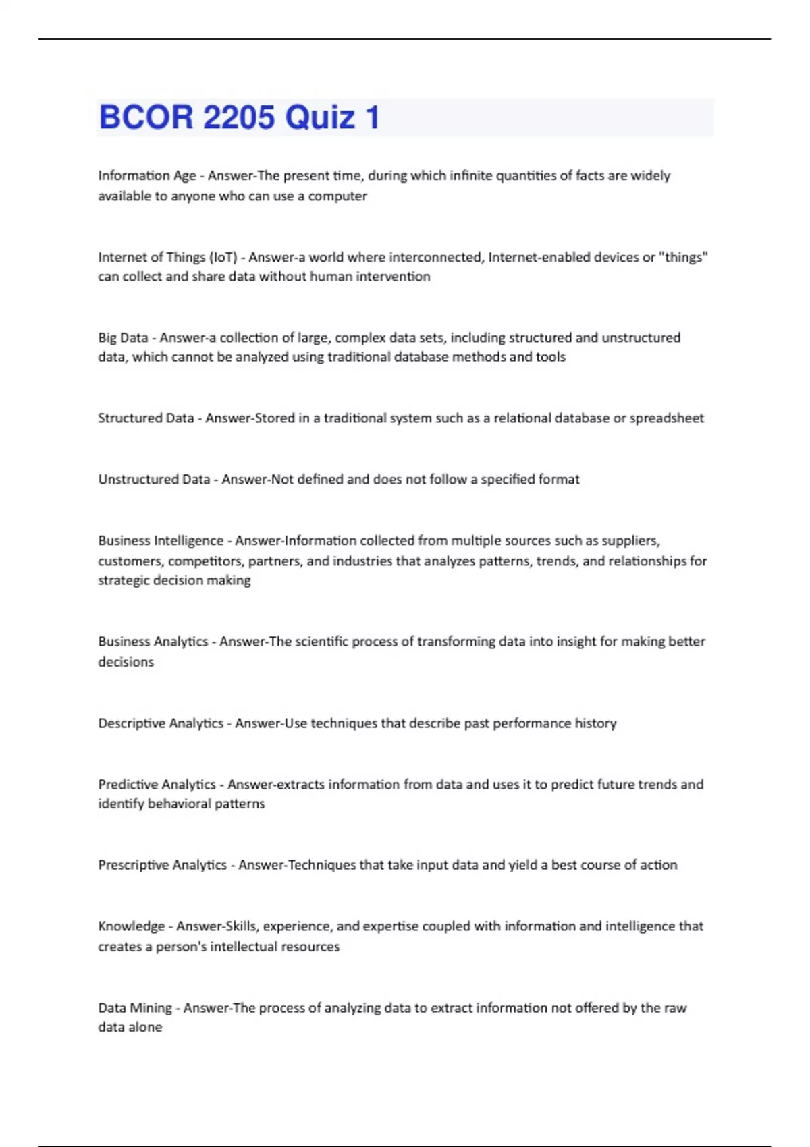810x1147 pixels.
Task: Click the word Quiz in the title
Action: pos(320,117)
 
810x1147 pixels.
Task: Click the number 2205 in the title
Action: pos(239,117)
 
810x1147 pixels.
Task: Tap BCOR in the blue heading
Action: pos(146,117)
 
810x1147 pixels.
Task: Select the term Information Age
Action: pos(147,175)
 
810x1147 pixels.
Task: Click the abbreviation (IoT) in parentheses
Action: pos(223,257)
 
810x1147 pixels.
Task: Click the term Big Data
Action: pos(123,337)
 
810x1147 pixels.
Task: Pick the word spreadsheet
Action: pos(666,418)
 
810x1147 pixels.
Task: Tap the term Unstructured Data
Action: pos(154,480)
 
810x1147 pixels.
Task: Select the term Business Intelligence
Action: pos(161,540)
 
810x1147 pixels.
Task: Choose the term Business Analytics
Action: pos(153,642)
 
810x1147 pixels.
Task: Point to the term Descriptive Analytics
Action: pos(161,723)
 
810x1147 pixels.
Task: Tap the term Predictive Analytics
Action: pos(157,785)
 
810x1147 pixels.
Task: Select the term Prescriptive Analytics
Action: pos(162,865)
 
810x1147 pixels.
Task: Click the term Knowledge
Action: pos(132,926)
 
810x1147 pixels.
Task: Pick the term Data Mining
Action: pos(135,1008)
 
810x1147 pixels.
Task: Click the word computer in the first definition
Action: pos(337,196)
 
